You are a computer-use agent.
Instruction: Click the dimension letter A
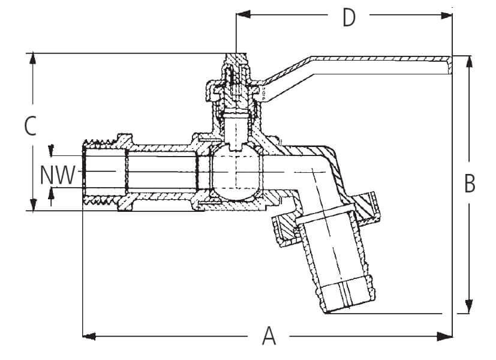coord(269,335)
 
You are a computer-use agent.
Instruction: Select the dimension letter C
coord(31,126)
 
